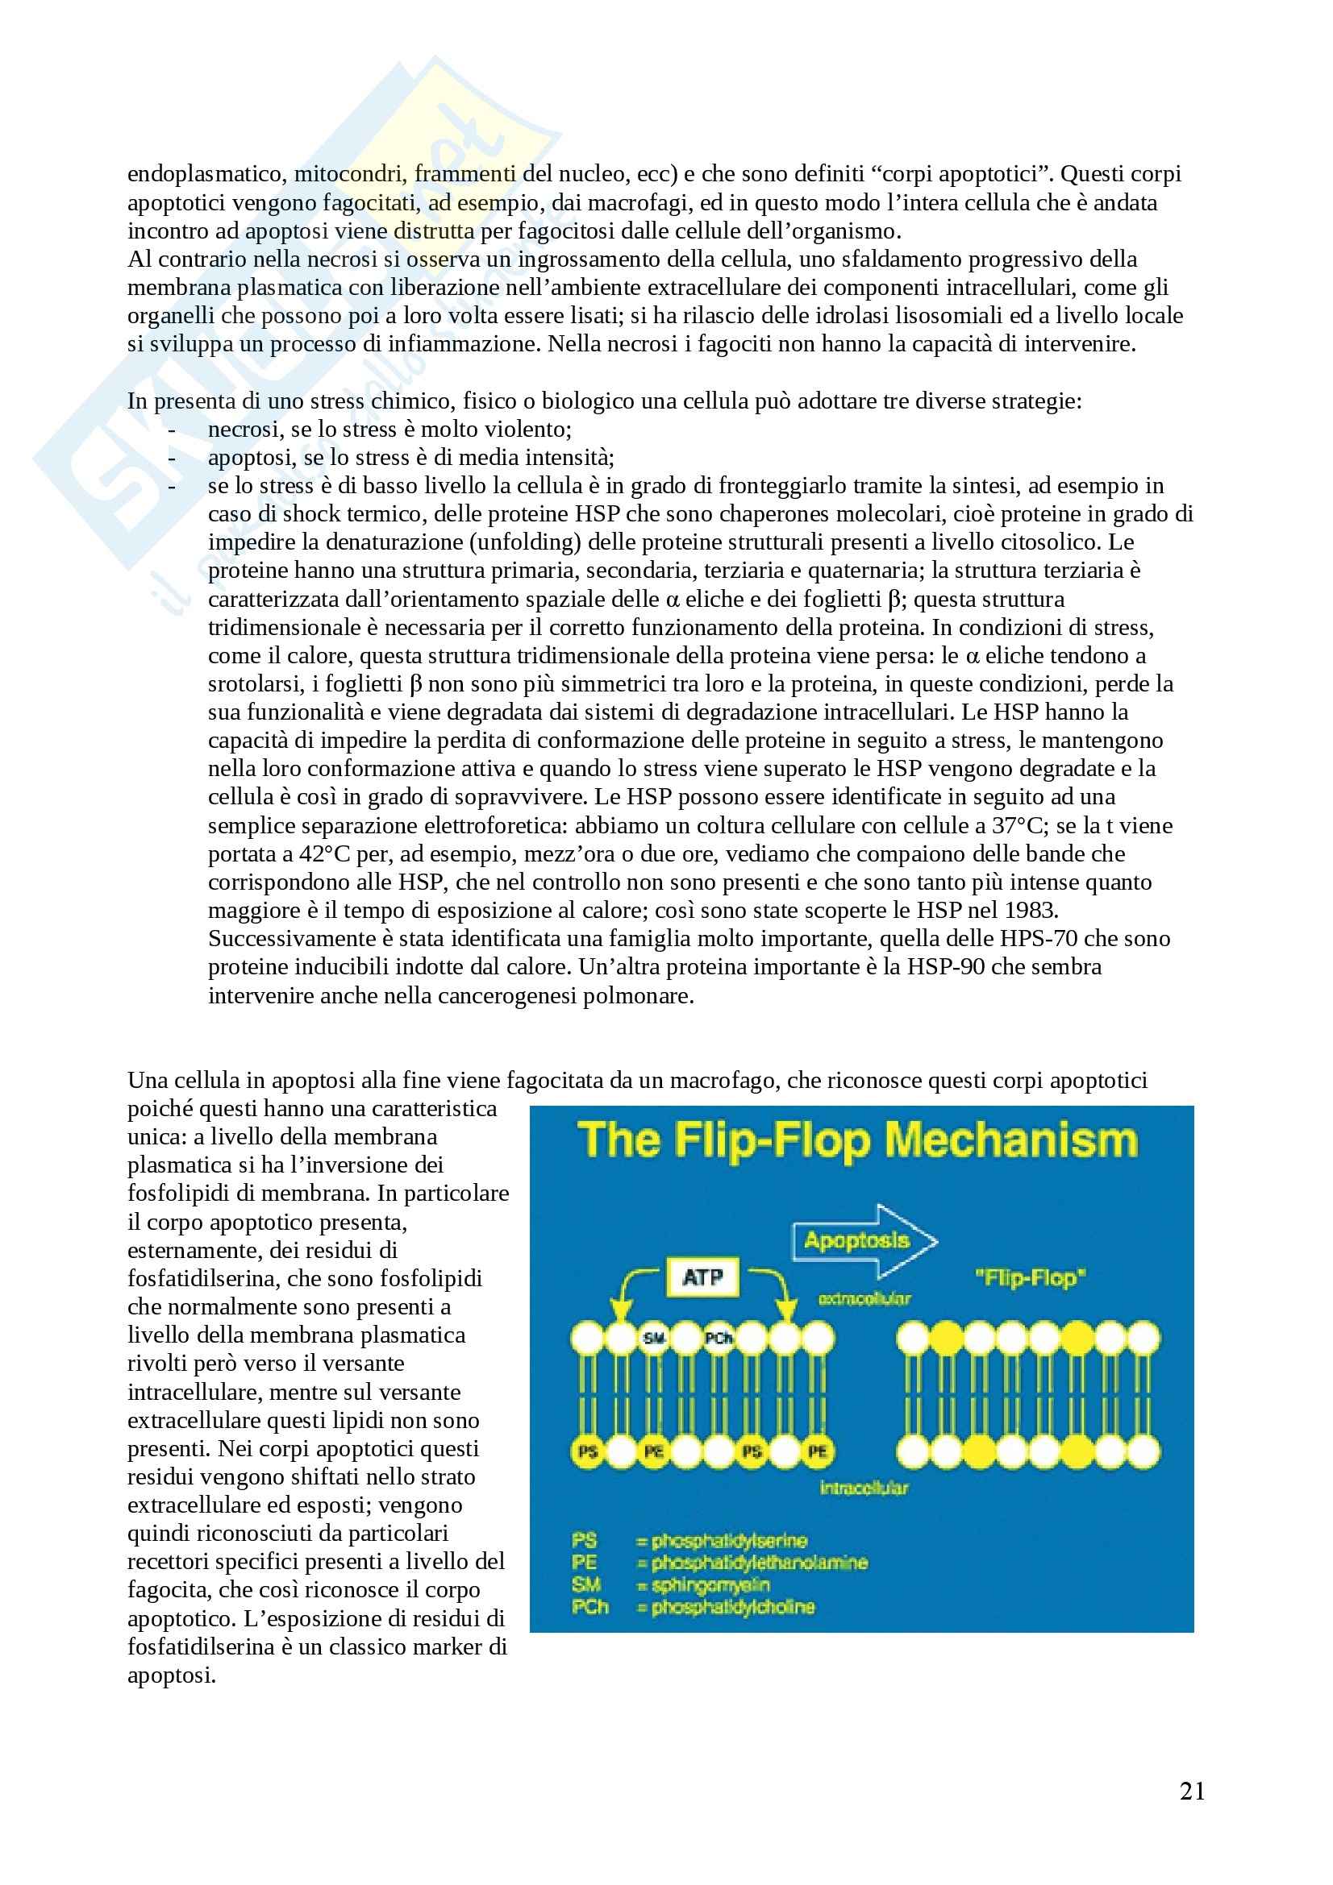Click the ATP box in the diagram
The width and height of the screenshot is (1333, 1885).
pyautogui.click(x=702, y=1277)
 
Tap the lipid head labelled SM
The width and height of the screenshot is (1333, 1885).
pyautogui.click(x=654, y=1339)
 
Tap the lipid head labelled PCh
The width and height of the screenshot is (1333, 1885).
pyautogui.click(x=719, y=1339)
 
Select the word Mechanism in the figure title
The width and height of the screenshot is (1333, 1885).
pyautogui.click(x=1011, y=1140)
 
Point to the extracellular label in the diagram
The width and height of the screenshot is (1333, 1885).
pyautogui.click(x=864, y=1300)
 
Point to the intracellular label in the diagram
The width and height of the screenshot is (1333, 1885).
pyautogui.click(x=864, y=1488)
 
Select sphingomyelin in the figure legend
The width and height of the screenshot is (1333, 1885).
pyautogui.click(x=710, y=1585)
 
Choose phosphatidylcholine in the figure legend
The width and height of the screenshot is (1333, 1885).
pyautogui.click(x=732, y=1608)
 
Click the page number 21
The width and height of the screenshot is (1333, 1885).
pyautogui.click(x=1192, y=1791)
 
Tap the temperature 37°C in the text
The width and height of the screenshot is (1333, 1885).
pyautogui.click(x=1018, y=825)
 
